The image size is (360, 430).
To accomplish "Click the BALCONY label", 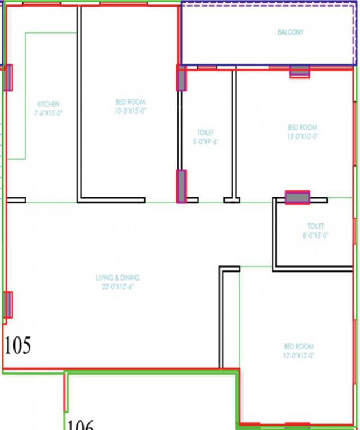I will [291, 32].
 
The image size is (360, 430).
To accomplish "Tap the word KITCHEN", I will [48, 105].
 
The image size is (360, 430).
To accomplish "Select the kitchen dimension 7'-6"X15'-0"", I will [48, 113].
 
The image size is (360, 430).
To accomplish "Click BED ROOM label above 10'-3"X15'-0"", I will [130, 102].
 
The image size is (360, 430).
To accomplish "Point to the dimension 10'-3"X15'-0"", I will [130, 111].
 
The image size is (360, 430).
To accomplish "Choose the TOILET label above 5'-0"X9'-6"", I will [205, 133].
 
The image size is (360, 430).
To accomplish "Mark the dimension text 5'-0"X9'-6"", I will [205, 142].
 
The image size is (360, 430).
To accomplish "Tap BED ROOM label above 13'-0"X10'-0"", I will [302, 128].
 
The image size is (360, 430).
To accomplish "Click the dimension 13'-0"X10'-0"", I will [302, 136].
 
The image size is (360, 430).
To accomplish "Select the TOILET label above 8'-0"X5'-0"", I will [315, 226].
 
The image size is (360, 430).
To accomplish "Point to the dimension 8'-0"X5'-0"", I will [315, 235].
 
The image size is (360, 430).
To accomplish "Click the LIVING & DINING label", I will [118, 278].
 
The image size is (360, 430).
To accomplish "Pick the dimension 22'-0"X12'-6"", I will [118, 287].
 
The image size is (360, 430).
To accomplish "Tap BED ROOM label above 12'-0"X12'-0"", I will [298, 347].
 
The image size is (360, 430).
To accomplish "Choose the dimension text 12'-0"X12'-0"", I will [298, 356].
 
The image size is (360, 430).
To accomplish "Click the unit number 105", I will [17, 346].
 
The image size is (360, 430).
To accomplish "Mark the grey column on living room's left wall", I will [8, 305].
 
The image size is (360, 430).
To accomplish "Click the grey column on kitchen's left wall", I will [8, 78].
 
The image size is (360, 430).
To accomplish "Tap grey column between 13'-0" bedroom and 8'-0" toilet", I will [297, 198].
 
